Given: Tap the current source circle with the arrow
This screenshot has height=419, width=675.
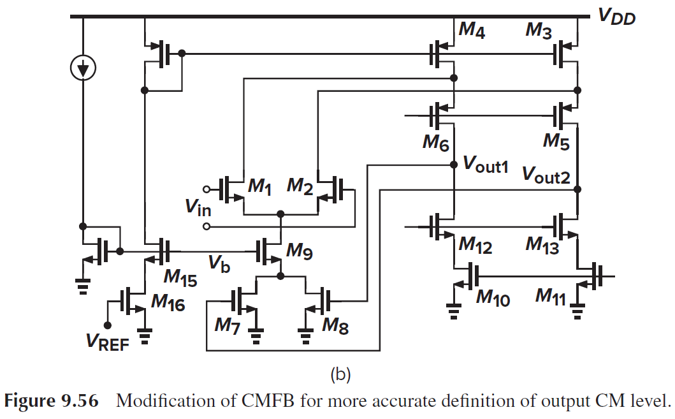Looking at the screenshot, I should click(x=83, y=67).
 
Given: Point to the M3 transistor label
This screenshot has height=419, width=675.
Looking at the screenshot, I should click(x=539, y=31).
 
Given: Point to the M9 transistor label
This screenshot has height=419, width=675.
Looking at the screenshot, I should click(x=300, y=251).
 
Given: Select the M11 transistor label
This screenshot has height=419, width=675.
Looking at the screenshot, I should click(x=550, y=296).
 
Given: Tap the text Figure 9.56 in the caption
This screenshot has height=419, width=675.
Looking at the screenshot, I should click(x=50, y=402).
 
